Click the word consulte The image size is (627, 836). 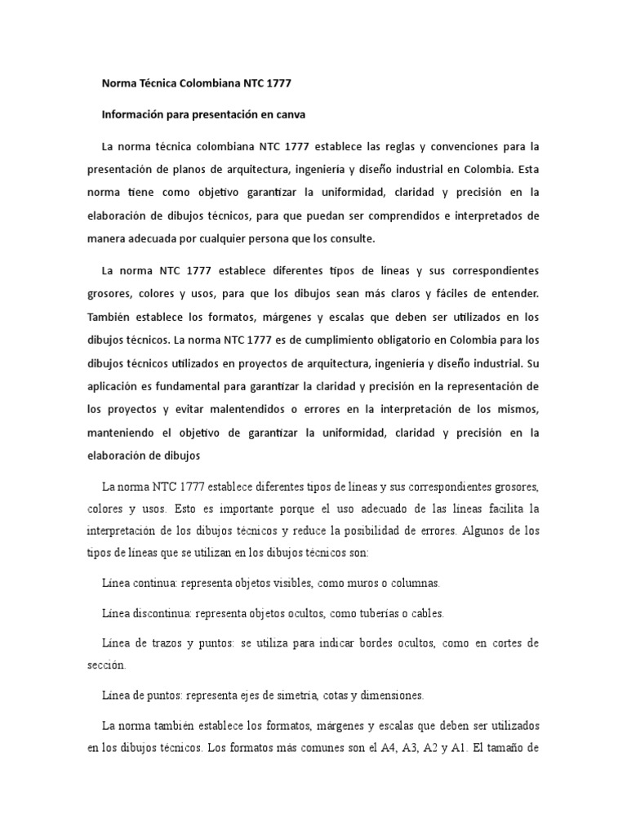351,239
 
